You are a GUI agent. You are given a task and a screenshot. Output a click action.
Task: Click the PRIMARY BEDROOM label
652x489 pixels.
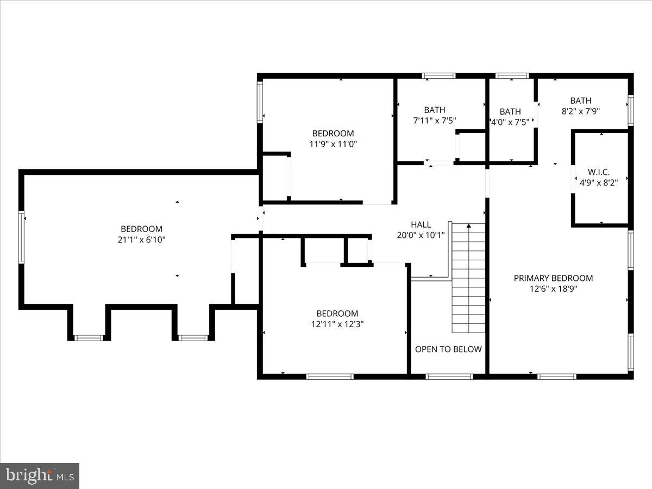click(x=553, y=278)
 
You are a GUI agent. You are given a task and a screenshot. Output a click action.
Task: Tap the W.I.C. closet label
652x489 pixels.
click(x=598, y=172)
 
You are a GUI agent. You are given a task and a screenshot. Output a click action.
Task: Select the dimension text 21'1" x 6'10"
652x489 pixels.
click(x=141, y=240)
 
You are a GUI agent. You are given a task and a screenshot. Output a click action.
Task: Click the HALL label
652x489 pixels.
click(x=421, y=224)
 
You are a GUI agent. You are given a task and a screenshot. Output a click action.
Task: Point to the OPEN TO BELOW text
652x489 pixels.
click(x=448, y=349)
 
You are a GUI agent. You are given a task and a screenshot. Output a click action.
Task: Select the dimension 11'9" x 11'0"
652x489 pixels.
click(x=333, y=144)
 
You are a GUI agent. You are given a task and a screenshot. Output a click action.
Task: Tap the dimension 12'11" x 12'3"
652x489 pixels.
click(x=337, y=324)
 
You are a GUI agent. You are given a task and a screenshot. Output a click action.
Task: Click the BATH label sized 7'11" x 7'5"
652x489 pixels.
click(x=435, y=110)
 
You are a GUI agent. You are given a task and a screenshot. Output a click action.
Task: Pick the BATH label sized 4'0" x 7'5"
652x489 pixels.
click(x=510, y=111)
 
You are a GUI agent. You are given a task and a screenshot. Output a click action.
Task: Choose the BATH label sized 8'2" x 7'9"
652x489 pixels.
click(x=580, y=101)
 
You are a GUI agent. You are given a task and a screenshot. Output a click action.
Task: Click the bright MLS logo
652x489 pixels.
click(x=40, y=475)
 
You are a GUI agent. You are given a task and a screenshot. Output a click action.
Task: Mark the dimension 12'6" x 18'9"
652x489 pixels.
click(x=553, y=289)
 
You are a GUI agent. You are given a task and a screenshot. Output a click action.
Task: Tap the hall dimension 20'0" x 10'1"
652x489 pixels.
click(x=421, y=235)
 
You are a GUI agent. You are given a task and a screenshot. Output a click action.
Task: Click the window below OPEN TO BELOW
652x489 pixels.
click(x=449, y=376)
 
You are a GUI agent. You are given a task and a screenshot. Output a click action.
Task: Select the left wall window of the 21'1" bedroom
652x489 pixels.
click(x=22, y=237)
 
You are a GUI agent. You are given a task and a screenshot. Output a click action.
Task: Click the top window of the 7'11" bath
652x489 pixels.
click(x=439, y=76)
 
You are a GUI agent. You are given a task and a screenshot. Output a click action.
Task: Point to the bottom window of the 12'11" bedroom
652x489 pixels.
click(x=330, y=376)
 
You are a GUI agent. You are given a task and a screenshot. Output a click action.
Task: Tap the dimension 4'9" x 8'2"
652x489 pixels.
click(x=598, y=183)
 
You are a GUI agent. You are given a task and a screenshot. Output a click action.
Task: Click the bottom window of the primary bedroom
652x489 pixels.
click(x=556, y=376)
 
